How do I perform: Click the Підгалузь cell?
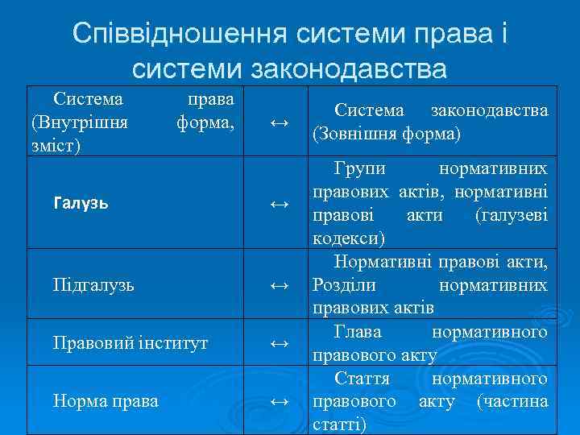pos(93,284)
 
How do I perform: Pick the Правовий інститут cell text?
pos(130,342)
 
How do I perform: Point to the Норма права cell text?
pos(105,400)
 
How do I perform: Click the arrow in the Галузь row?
pos(279,205)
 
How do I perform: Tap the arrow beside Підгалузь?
pos(279,285)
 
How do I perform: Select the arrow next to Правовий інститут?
pos(279,343)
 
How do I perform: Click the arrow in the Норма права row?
pos(279,400)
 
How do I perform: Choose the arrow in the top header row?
pos(279,122)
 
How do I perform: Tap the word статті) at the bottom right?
pos(339,424)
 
